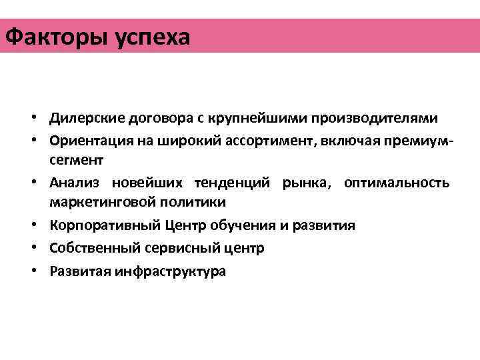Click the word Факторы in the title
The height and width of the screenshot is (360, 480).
[51, 36]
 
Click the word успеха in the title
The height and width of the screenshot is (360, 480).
[147, 37]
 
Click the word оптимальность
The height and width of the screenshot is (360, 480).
[397, 183]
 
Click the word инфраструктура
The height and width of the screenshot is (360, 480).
[170, 271]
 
